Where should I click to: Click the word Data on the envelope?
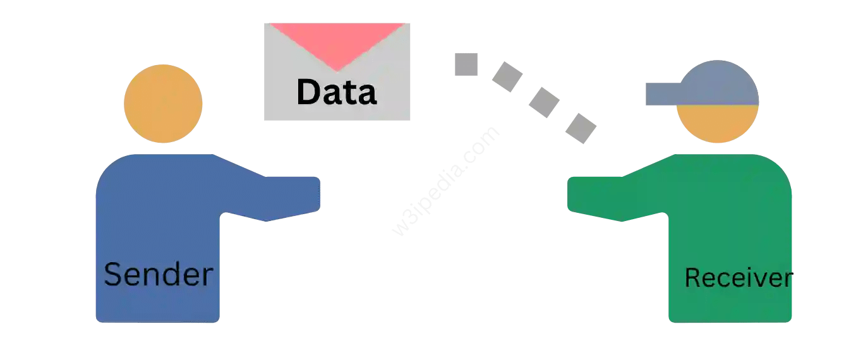click(x=336, y=92)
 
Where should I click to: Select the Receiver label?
click(x=738, y=278)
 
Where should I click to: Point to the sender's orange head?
click(x=163, y=104)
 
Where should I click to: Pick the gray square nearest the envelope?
click(x=466, y=64)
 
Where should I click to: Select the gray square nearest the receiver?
click(x=581, y=128)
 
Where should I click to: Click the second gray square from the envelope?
click(x=507, y=77)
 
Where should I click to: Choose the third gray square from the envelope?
click(x=544, y=102)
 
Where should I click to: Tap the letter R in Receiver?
click(x=692, y=278)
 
